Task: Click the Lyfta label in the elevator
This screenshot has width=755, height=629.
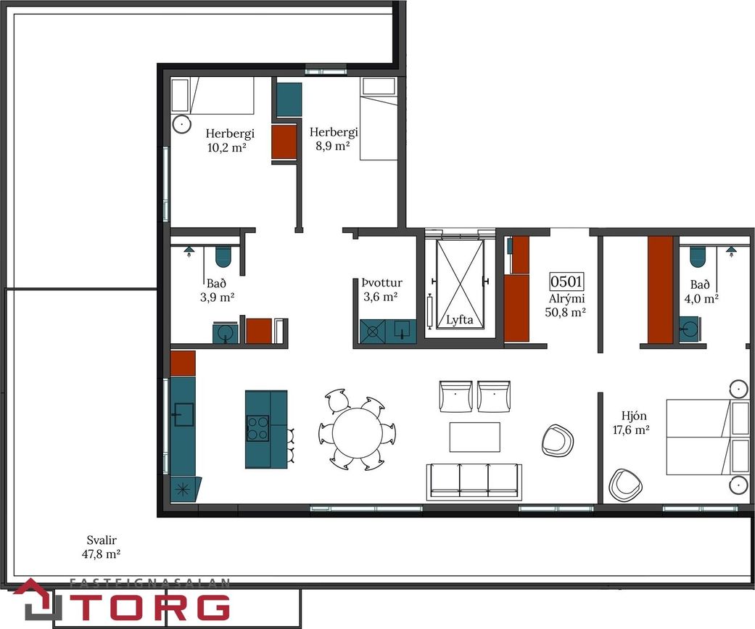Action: (x=459, y=320)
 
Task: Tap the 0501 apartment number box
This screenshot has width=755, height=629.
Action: (x=566, y=281)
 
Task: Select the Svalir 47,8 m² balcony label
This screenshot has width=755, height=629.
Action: (x=101, y=547)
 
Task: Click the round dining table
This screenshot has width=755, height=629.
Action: (x=357, y=432)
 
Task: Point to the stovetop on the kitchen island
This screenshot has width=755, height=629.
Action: (x=257, y=429)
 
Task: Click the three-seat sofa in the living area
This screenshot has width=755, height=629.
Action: (x=474, y=482)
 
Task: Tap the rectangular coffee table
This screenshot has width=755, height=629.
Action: (x=475, y=437)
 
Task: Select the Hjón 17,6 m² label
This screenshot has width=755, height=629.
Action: (x=631, y=422)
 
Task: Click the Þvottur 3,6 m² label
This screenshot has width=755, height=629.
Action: (x=381, y=289)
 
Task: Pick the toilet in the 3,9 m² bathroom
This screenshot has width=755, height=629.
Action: (x=223, y=256)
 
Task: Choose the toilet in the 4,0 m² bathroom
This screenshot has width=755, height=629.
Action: (x=697, y=256)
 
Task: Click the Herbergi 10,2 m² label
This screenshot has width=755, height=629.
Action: (x=229, y=140)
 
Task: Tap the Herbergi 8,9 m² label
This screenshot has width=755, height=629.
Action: (x=333, y=139)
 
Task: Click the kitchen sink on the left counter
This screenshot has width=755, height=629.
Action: (x=183, y=415)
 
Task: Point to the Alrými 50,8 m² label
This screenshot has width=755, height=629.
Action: (x=566, y=305)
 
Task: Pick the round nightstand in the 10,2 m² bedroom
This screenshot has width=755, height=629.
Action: (x=181, y=124)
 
